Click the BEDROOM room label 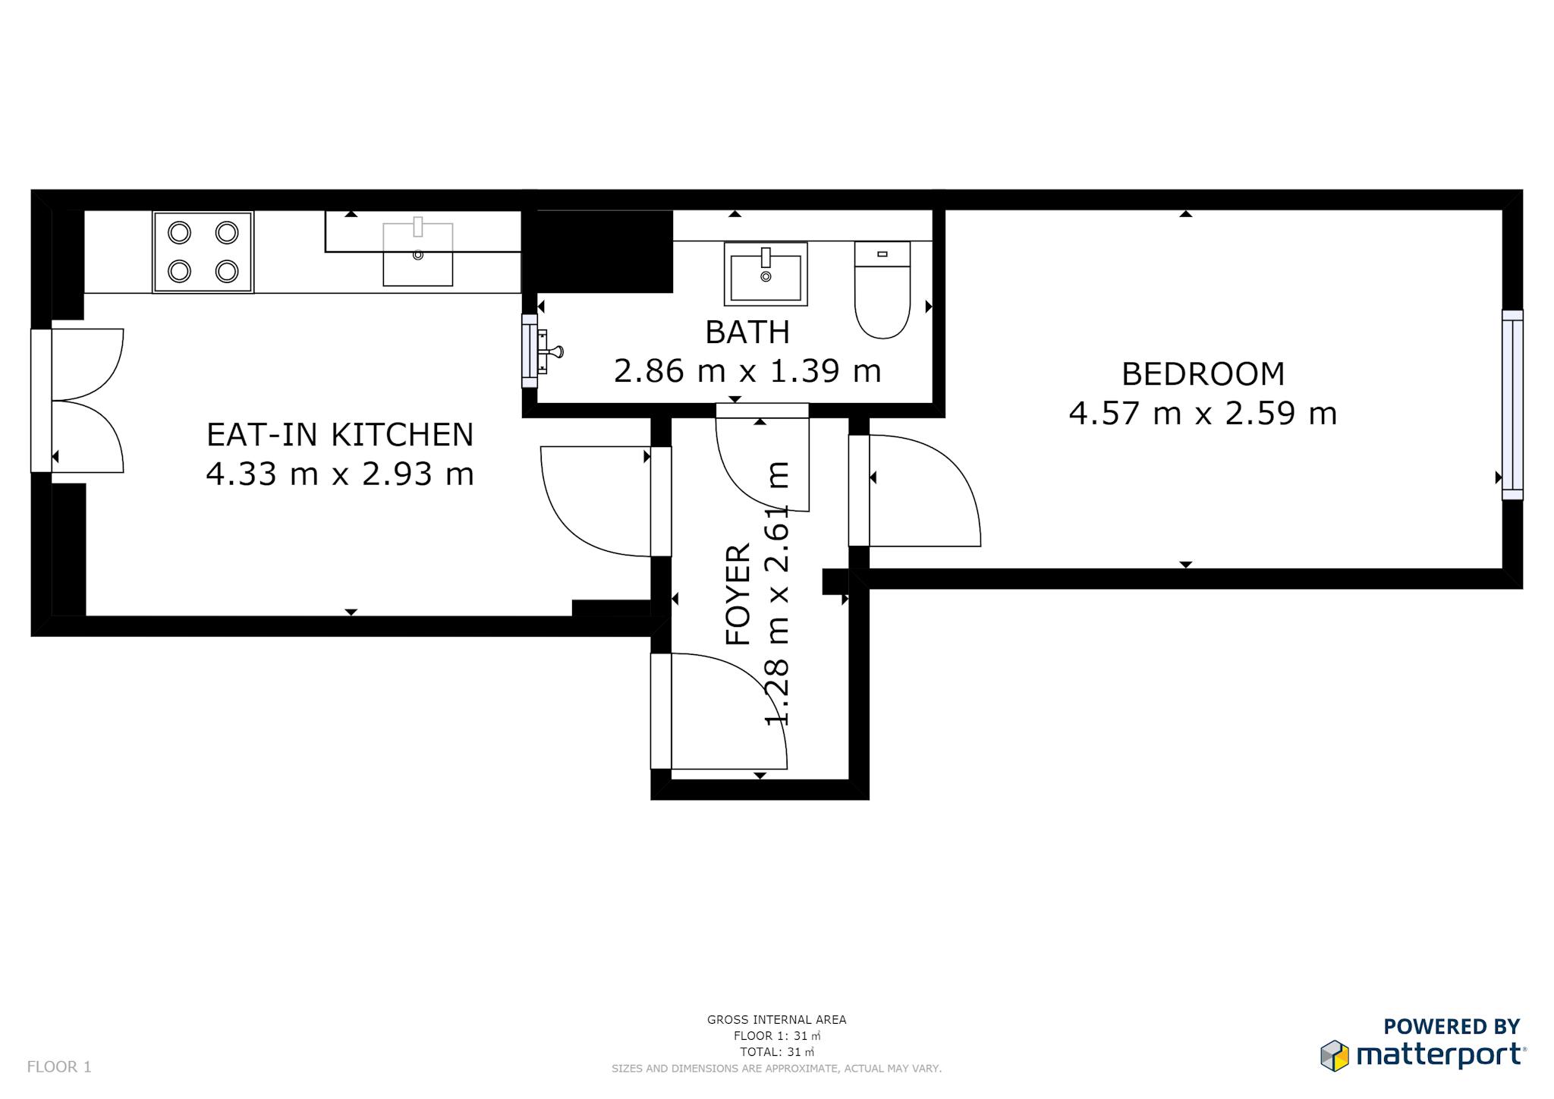click(x=1203, y=374)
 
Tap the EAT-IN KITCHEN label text click(x=340, y=435)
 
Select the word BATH click(x=747, y=332)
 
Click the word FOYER click(x=738, y=594)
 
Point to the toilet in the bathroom click(x=882, y=290)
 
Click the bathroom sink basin click(x=766, y=274)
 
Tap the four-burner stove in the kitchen click(x=203, y=252)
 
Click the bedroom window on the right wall click(x=1512, y=405)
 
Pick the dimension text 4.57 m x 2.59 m click(x=1203, y=414)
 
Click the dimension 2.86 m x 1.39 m click(x=747, y=371)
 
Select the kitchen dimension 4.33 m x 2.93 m click(x=340, y=474)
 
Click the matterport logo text click(x=1439, y=1056)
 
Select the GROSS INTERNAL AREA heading click(x=776, y=1020)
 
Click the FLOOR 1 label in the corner click(x=59, y=1067)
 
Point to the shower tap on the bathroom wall click(x=549, y=351)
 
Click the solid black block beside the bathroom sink click(x=604, y=251)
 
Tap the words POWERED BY click(x=1452, y=1027)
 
